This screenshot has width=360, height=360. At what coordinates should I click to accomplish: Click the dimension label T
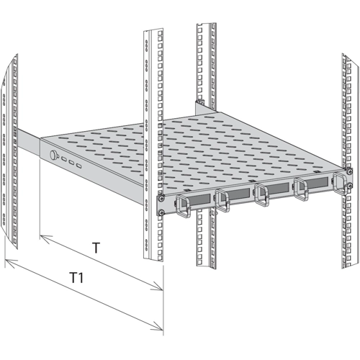(x=96, y=248)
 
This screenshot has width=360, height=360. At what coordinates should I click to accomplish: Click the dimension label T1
(x=76, y=278)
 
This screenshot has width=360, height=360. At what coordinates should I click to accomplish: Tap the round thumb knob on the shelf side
(x=53, y=155)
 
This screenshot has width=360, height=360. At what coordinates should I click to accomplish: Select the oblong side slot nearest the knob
(x=64, y=158)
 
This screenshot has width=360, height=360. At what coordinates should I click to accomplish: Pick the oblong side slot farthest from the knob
(x=78, y=166)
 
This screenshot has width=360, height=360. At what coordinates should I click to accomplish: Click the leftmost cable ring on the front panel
(x=184, y=206)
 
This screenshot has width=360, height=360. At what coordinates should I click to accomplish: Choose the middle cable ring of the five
(x=261, y=194)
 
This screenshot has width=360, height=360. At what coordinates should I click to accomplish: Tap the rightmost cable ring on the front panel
(x=339, y=183)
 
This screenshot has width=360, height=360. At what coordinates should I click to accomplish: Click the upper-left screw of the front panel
(x=161, y=198)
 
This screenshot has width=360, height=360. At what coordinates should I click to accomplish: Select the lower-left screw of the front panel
(x=161, y=212)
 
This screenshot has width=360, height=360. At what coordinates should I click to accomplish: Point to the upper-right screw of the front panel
(x=350, y=171)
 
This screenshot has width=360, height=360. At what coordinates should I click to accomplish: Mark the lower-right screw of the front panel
(x=350, y=185)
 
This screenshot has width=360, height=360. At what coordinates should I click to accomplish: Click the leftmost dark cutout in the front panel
(x=196, y=199)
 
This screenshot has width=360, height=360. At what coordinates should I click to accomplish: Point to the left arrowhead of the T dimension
(x=45, y=239)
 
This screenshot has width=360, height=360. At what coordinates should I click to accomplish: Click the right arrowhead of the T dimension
(x=157, y=286)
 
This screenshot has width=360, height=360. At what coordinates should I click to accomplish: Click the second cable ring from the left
(x=222, y=200)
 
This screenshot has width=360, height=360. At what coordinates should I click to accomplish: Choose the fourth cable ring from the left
(x=301, y=189)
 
